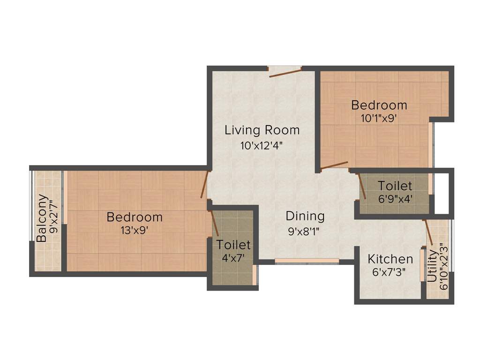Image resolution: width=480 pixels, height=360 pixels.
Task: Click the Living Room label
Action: click(262, 130)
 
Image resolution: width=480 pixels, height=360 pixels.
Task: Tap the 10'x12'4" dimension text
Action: click(262, 145)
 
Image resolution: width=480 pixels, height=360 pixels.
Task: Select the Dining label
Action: click(305, 216)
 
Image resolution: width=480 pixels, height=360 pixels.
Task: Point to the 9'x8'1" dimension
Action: click(305, 231)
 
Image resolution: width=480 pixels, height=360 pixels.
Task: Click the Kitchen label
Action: click(390, 259)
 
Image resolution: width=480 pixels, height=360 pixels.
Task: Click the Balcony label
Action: click(42, 218)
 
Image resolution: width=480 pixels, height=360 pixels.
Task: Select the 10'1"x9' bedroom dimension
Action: click(379, 118)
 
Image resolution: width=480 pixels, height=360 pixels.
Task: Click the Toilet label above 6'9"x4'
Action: click(395, 185)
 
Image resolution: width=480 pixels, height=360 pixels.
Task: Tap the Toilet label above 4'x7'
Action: click(233, 245)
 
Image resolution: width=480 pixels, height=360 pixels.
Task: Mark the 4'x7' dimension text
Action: click(233, 257)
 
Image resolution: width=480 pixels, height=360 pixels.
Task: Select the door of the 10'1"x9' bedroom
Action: click(335, 165)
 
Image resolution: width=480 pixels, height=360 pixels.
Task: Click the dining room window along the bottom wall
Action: click(307, 261)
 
